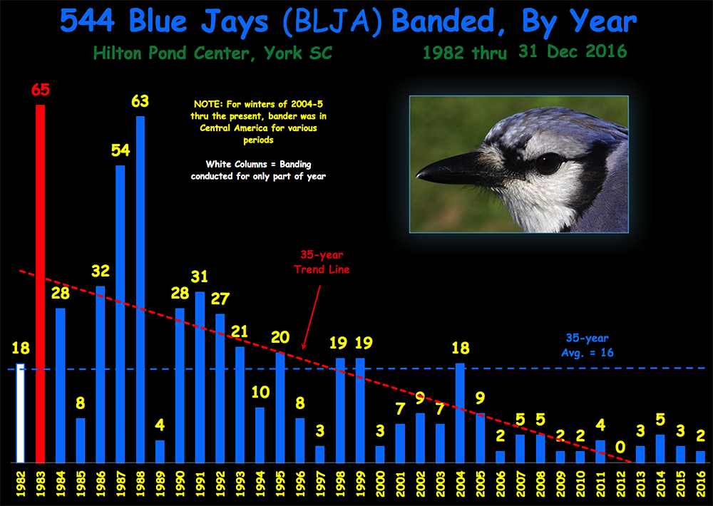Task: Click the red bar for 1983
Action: (x=41, y=284)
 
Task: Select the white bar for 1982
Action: (x=21, y=413)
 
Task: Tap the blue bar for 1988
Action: (x=140, y=289)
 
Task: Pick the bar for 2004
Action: (x=460, y=413)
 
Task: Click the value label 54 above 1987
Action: (x=120, y=150)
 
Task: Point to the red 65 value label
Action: (x=41, y=90)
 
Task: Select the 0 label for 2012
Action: (x=620, y=448)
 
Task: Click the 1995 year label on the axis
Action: (x=280, y=484)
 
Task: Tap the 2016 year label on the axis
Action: (x=700, y=484)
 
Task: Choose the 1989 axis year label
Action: (x=160, y=484)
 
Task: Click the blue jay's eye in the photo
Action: (x=549, y=162)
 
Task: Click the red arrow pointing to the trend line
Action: (x=312, y=317)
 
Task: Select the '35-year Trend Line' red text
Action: (x=322, y=262)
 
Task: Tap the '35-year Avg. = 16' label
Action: (x=587, y=345)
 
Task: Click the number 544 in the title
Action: (x=87, y=21)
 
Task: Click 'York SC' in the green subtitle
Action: (x=298, y=53)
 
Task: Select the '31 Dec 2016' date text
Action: (x=573, y=51)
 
